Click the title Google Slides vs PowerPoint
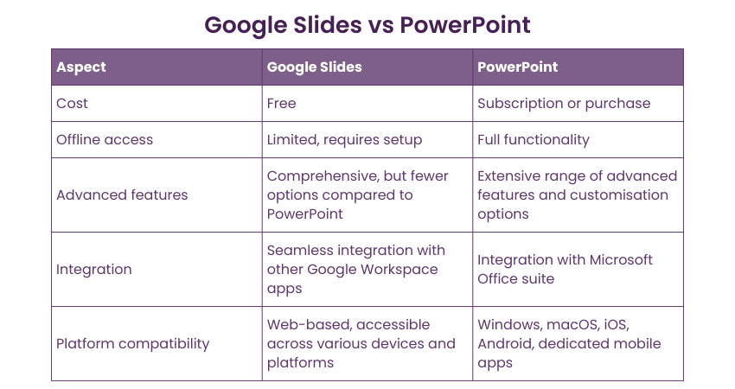tap(367, 25)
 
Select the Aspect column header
tap(81, 67)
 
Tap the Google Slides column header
tap(314, 67)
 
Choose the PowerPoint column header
tap(517, 67)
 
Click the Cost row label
tap(72, 103)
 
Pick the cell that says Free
tap(281, 103)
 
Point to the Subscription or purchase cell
tap(564, 104)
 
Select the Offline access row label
tap(105, 140)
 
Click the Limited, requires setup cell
tap(344, 140)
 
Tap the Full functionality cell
tap(534, 140)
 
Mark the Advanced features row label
tap(122, 195)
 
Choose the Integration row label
tap(93, 270)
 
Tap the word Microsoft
tap(621, 259)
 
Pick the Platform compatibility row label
tap(132, 344)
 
